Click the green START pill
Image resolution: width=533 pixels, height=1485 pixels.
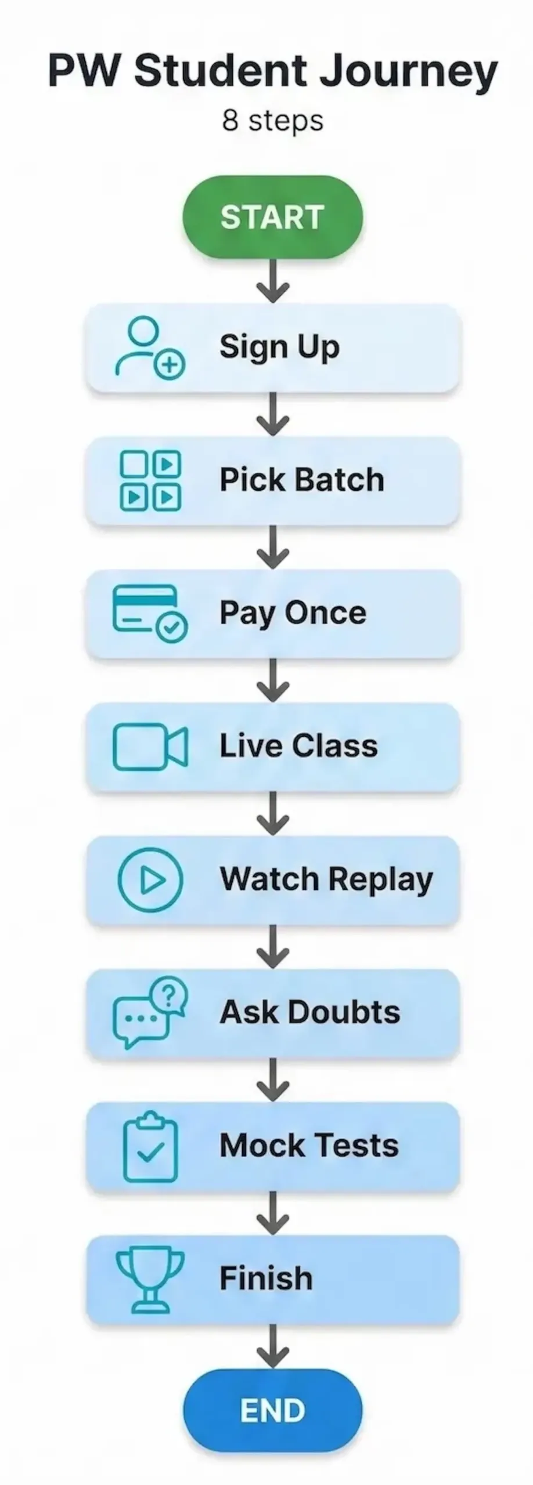tap(272, 217)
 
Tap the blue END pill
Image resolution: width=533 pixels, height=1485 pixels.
tap(272, 1411)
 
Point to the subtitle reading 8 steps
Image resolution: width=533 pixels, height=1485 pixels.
tap(272, 121)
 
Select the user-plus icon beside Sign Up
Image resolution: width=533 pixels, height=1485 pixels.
tap(149, 347)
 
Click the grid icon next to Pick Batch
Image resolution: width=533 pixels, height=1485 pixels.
tap(150, 480)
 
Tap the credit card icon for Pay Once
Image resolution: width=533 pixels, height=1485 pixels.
tap(149, 614)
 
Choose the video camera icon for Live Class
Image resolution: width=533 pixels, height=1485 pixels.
tap(150, 747)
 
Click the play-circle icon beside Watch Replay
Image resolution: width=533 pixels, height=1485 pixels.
tap(150, 879)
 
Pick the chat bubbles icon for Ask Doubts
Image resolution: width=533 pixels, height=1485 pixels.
tap(150, 1012)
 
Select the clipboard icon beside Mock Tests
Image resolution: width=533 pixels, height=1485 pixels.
tap(150, 1146)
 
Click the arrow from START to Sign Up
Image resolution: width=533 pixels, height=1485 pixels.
tap(272, 281)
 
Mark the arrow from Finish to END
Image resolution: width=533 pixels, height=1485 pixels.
tap(272, 1346)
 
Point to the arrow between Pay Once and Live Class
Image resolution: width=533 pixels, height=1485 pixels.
tap(272, 680)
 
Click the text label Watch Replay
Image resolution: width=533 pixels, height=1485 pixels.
tap(326, 879)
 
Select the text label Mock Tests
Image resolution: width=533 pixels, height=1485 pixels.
tap(309, 1146)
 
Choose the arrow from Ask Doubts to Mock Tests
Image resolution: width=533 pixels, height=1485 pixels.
tap(272, 1080)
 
